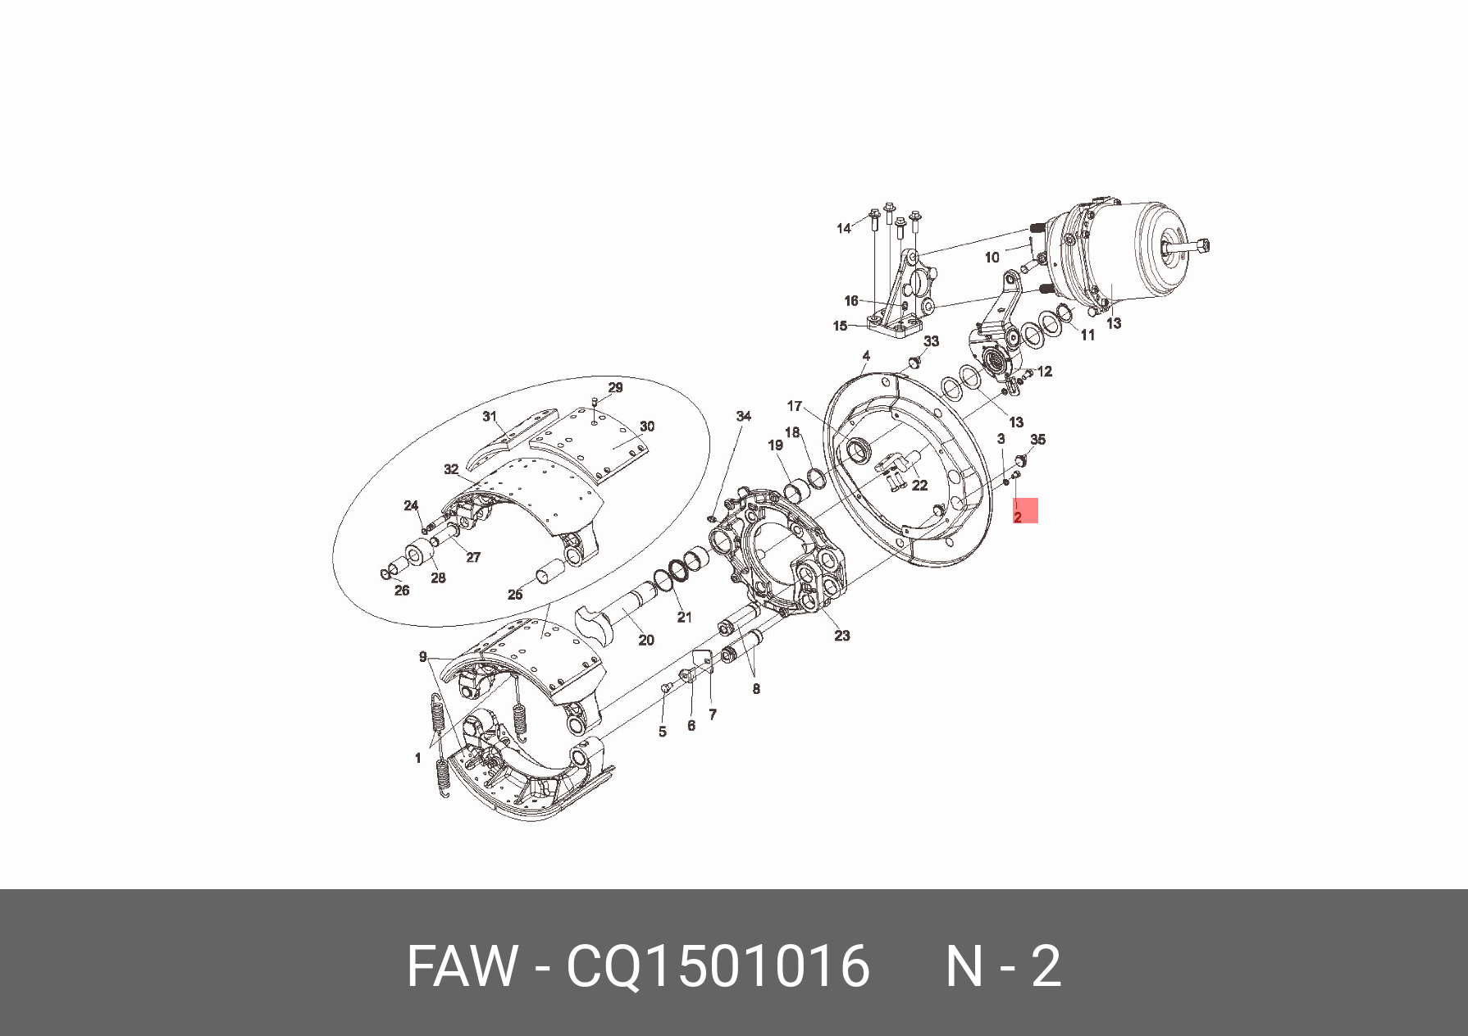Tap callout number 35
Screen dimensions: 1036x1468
[1037, 440]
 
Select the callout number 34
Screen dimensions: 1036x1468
[743, 416]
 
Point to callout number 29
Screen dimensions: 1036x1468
[615, 387]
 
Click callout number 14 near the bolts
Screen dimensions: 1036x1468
[844, 228]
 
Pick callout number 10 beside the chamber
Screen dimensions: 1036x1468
[992, 257]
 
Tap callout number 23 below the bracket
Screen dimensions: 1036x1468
[842, 635]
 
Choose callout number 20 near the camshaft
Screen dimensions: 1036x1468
[646, 640]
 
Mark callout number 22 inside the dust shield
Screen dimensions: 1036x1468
[920, 485]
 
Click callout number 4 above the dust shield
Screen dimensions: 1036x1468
[866, 356]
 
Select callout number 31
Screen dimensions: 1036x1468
[490, 416]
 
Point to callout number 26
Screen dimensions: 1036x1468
[402, 590]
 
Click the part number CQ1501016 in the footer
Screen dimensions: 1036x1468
[718, 965]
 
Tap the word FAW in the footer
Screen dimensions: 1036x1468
[463, 965]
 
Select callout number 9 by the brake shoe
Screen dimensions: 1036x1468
[423, 656]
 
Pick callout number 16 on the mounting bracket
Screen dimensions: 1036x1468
[851, 300]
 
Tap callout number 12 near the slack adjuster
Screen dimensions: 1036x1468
[1045, 372]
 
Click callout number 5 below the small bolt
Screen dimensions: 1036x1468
[663, 732]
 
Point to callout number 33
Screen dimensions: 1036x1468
[931, 341]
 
